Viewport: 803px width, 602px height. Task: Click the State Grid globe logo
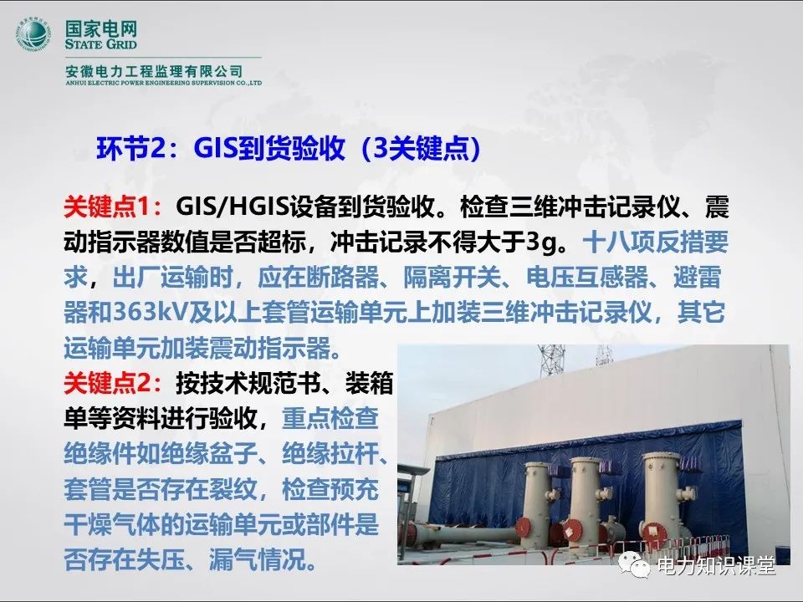point(33,35)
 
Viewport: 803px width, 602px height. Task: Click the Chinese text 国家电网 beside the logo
point(101,28)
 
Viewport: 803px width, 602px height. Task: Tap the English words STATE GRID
point(101,44)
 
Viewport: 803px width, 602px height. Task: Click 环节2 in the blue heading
point(129,149)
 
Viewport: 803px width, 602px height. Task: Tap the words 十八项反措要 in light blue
point(656,242)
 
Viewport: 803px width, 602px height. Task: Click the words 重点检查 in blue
point(330,418)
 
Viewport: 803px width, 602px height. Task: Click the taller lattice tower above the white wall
point(551,361)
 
